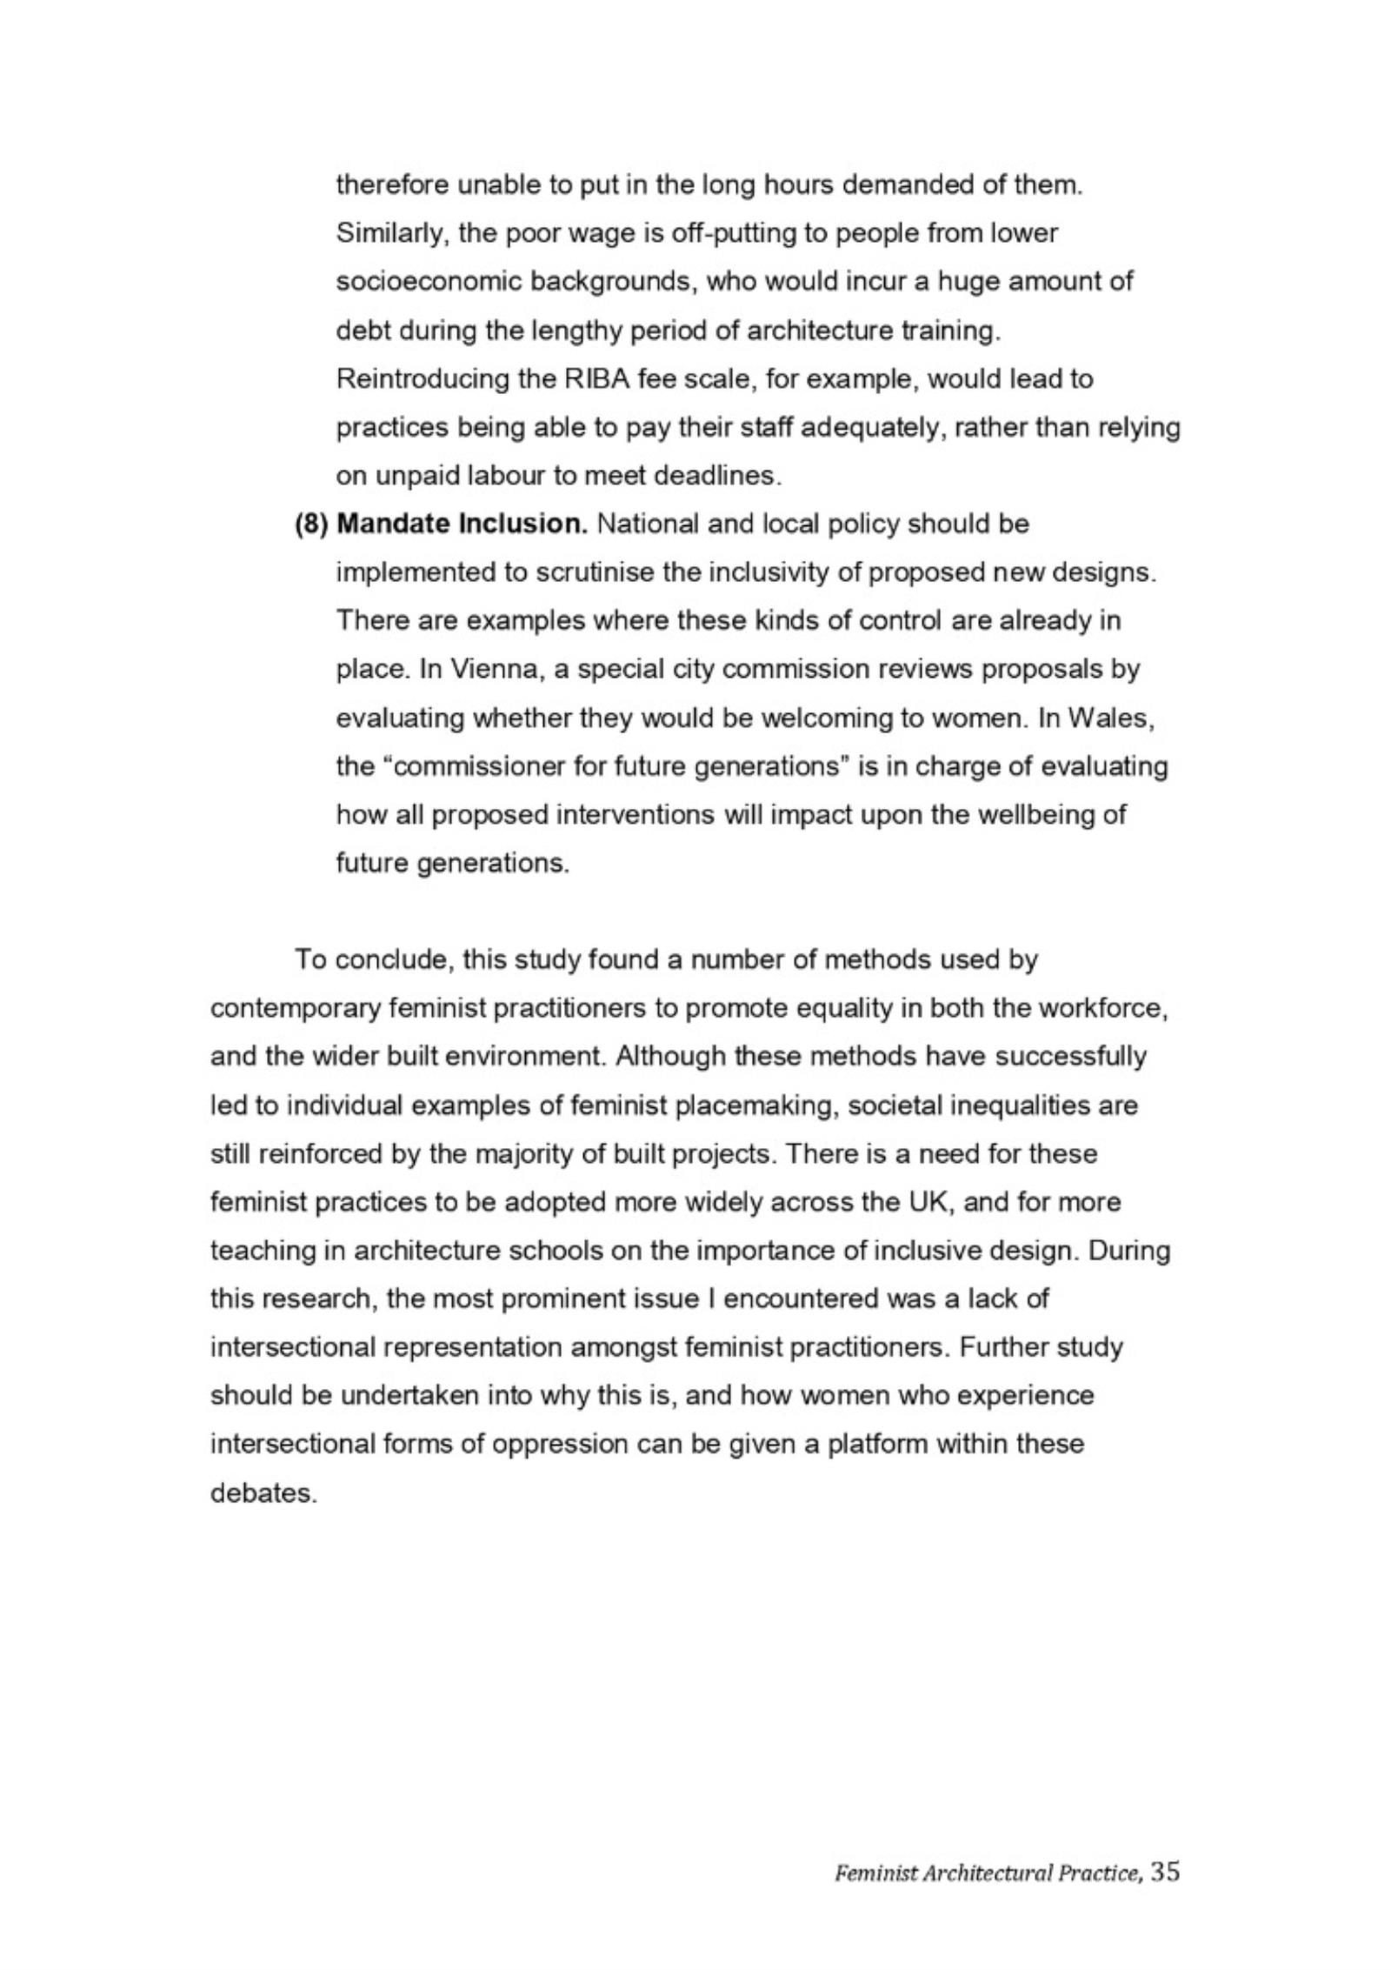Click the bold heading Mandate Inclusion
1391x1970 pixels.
coord(463,524)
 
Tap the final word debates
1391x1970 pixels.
coord(263,1493)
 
